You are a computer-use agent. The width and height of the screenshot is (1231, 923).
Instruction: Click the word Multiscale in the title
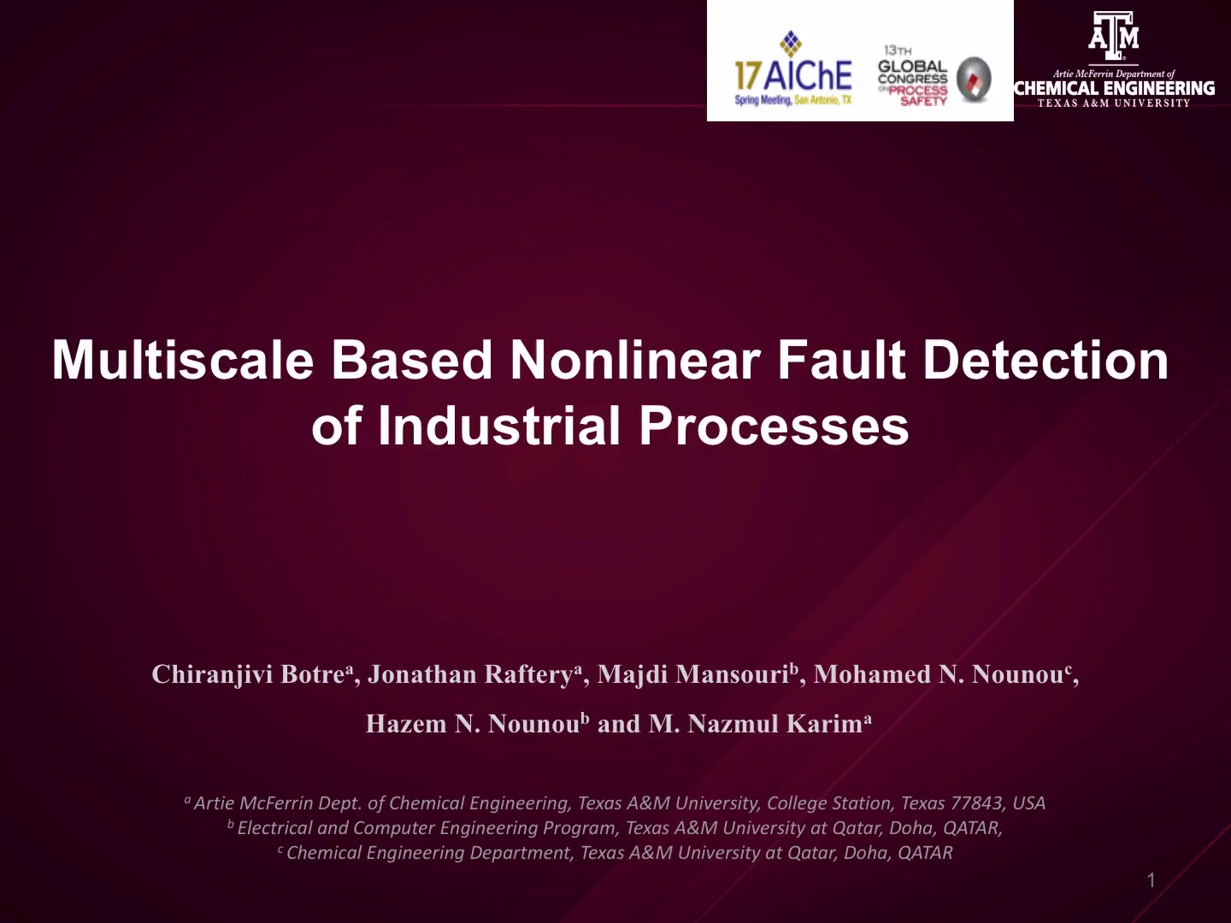click(x=182, y=361)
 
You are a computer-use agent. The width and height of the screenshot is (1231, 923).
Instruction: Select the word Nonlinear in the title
click(x=635, y=361)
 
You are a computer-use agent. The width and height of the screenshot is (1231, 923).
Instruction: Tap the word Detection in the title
click(x=1046, y=361)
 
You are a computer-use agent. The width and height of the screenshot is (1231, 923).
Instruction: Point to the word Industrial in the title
click(x=499, y=426)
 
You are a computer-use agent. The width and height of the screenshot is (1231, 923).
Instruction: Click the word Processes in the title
click(x=774, y=426)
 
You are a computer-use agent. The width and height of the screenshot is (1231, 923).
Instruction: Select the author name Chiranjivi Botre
click(x=248, y=674)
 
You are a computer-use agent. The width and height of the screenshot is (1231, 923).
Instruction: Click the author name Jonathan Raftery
click(x=470, y=674)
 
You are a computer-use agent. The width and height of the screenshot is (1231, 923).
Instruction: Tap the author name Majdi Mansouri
click(x=693, y=674)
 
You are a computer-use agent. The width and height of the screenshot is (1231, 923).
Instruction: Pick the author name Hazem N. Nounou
click(x=472, y=724)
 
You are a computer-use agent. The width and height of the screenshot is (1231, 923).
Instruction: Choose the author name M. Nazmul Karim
click(x=756, y=724)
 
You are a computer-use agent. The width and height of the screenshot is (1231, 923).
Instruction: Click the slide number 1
click(x=1151, y=880)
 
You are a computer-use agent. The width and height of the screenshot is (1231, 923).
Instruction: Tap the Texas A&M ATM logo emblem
click(x=1113, y=35)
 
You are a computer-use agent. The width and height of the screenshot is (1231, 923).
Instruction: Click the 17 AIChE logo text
click(x=793, y=76)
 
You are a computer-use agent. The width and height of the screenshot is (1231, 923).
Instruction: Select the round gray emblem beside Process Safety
click(x=974, y=79)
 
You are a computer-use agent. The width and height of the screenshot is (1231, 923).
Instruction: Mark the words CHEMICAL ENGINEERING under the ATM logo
click(x=1114, y=89)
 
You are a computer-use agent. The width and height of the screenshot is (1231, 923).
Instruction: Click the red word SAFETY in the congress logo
click(x=923, y=102)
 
